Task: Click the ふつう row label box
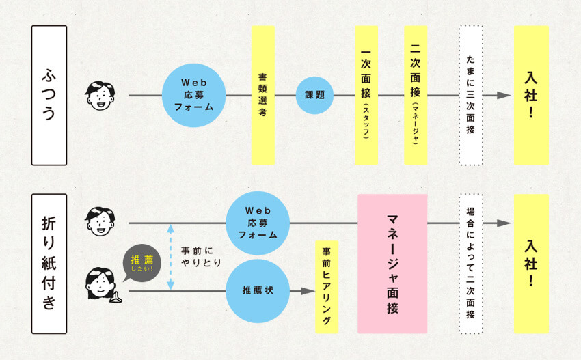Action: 49,95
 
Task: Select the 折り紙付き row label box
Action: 49,263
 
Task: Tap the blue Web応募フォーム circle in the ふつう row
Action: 194,95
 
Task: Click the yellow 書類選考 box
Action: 262,95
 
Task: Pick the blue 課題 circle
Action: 314,95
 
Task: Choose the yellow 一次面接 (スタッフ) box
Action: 366,95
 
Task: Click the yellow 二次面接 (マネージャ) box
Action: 416,95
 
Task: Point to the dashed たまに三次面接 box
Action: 470,95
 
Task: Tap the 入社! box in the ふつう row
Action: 531,95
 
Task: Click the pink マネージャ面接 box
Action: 392,263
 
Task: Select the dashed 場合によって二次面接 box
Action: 470,263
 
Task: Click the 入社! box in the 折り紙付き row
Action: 531,263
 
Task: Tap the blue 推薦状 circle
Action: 258,291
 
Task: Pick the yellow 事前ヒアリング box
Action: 327,286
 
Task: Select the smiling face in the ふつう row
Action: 100,96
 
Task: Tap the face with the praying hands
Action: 102,285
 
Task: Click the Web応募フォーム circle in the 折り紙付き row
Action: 258,223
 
